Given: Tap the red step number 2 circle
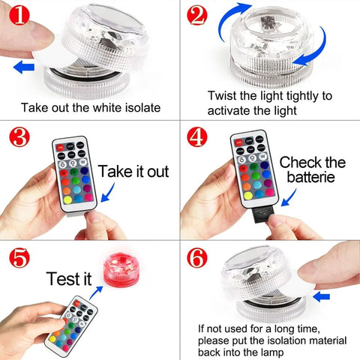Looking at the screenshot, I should pyautogui.click(x=197, y=14).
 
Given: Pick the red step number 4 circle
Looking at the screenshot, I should pyautogui.click(x=197, y=137).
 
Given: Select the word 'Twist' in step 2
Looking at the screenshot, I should pyautogui.click(x=224, y=96).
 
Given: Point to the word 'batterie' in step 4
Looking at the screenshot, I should pyautogui.click(x=312, y=179).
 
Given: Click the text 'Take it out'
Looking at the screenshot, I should pyautogui.click(x=133, y=169).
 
